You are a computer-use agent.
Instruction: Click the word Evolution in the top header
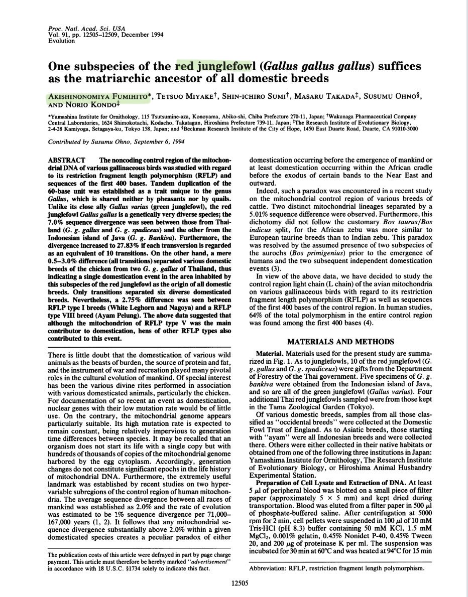tap(61, 41)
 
